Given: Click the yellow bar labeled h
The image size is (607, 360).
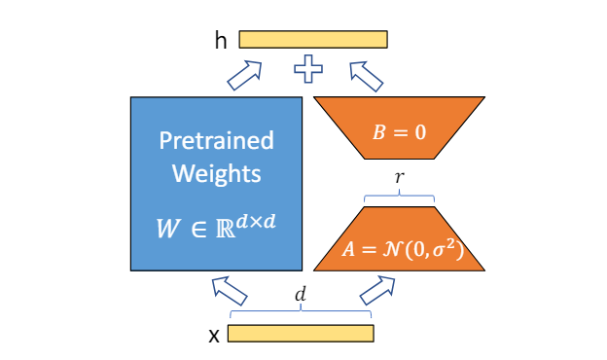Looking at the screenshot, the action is coord(313,40).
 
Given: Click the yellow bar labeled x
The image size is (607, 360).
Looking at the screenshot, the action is coord(301,334).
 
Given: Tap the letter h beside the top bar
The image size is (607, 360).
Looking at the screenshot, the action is coord(221,40).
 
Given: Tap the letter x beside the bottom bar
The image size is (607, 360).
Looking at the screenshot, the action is coord(214,336).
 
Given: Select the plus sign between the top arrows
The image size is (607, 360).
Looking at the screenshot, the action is coord(308,69).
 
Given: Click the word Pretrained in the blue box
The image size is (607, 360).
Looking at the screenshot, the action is coord(216,140).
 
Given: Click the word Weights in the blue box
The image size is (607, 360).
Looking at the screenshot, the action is coord(216,173).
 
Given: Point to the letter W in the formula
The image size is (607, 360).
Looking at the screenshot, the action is coord(168,229).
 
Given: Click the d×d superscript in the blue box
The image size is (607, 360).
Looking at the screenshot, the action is coord(256,222).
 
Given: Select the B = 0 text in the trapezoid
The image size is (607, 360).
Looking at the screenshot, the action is coord(399,132).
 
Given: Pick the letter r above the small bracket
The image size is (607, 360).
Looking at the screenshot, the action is coord(399,177).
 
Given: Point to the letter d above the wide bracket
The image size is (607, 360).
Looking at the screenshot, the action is coord(301,294).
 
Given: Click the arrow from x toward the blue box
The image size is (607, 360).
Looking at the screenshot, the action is coord(230,291).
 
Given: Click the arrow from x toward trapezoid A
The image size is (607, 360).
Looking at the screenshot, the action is coord(377,290).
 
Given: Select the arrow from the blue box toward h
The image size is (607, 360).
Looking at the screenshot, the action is coord(244,76).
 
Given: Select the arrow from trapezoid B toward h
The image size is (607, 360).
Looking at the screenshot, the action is coord(366,76).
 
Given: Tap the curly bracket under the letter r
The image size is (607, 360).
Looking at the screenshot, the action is coord(399,196).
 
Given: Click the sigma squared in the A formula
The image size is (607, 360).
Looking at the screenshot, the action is coord(443,249).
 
